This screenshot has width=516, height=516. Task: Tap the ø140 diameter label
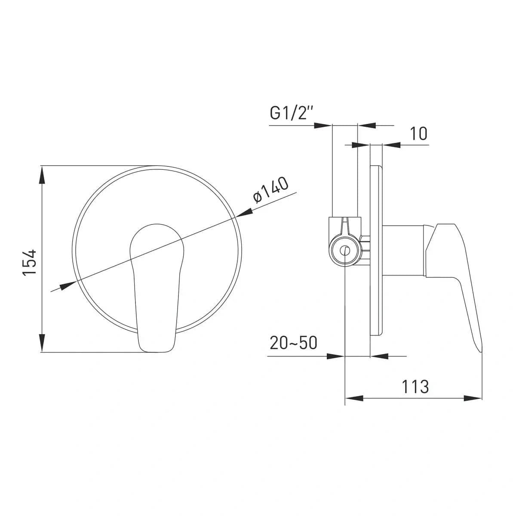(x=271, y=190)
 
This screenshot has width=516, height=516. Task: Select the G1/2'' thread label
(x=292, y=113)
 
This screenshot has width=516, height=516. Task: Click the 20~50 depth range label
(x=293, y=343)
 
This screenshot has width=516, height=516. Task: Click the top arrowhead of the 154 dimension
(x=42, y=175)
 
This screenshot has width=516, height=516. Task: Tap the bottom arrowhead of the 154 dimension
(x=42, y=344)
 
